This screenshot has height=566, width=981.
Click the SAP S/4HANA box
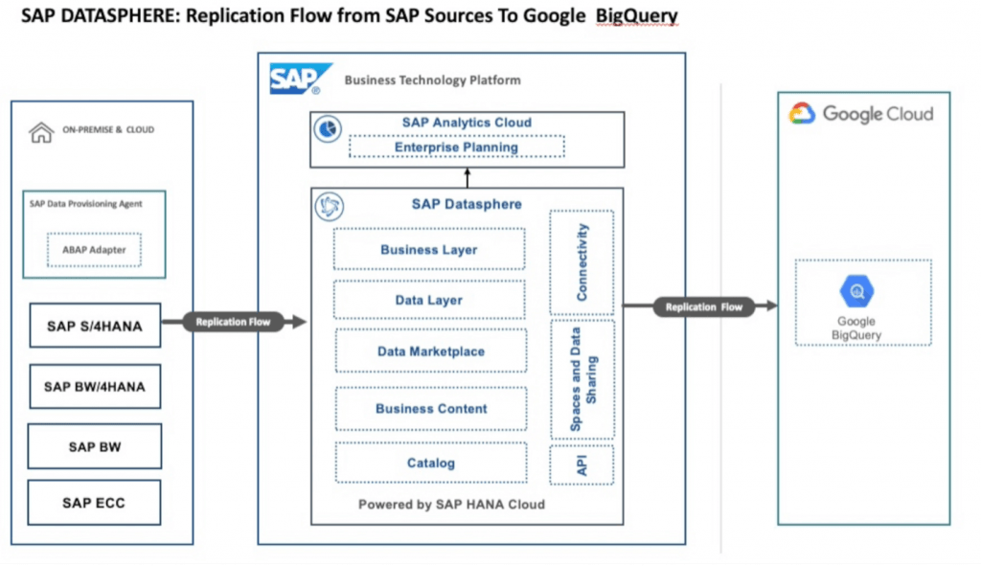click(95, 326)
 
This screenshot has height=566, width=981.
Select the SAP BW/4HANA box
click(95, 387)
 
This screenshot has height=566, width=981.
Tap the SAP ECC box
click(95, 502)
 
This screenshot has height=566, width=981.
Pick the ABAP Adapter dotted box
click(94, 250)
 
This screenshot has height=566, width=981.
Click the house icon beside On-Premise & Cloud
click(41, 132)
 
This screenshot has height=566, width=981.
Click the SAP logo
click(300, 79)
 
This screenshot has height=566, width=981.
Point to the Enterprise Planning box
click(457, 147)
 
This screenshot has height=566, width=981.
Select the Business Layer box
click(429, 249)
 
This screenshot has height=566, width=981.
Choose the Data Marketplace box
click(431, 351)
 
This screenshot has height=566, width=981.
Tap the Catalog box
click(431, 463)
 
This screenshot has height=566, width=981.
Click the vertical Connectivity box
click(582, 262)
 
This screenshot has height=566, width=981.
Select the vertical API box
click(582, 465)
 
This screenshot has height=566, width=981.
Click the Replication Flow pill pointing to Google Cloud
click(704, 306)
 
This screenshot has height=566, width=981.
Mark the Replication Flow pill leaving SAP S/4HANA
click(234, 322)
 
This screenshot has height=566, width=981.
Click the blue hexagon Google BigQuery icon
click(856, 291)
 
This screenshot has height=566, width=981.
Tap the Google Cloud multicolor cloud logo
click(802, 113)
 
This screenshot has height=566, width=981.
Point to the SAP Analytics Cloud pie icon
click(328, 129)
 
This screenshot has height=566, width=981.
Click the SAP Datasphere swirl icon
click(330, 207)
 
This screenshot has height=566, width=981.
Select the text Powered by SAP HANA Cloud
click(452, 504)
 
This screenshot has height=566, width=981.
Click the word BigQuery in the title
click(636, 15)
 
